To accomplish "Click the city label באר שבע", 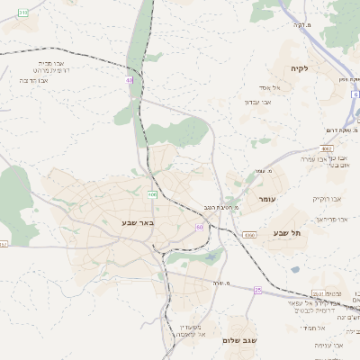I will click(x=139, y=222).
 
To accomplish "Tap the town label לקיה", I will click(x=300, y=68).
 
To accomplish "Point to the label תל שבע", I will click(x=287, y=232).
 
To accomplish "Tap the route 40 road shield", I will click(x=130, y=80).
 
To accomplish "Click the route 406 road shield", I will click(x=152, y=194).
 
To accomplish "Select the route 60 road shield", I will click(x=199, y=227).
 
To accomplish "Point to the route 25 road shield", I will click(x=257, y=290).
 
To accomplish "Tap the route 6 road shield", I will click(x=356, y=93).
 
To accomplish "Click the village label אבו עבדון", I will click(x=258, y=102).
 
